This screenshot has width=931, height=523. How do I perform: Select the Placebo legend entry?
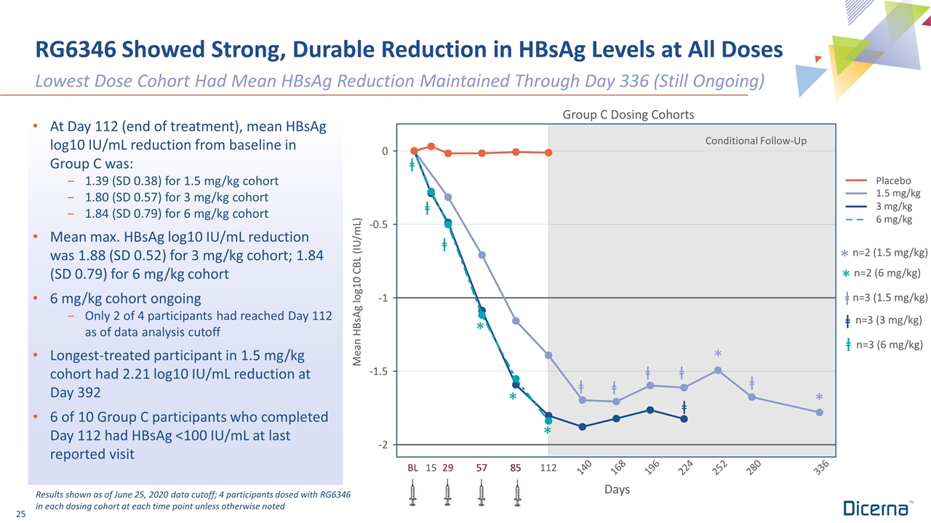[893, 180]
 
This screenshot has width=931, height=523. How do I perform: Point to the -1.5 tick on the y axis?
[377, 371]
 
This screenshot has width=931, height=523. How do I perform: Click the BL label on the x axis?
[413, 468]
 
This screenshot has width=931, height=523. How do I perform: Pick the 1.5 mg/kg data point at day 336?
[820, 413]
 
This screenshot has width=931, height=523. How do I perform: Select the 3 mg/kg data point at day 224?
[684, 419]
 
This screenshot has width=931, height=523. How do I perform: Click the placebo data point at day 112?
[548, 153]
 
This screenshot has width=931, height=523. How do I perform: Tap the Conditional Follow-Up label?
[756, 140]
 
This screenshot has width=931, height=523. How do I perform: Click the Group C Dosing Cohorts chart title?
[628, 115]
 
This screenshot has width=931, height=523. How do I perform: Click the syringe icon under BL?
[413, 495]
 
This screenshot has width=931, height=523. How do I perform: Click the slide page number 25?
[20, 515]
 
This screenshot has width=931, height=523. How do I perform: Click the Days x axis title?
[617, 490]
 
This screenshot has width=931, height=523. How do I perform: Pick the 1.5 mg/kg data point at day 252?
[718, 370]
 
